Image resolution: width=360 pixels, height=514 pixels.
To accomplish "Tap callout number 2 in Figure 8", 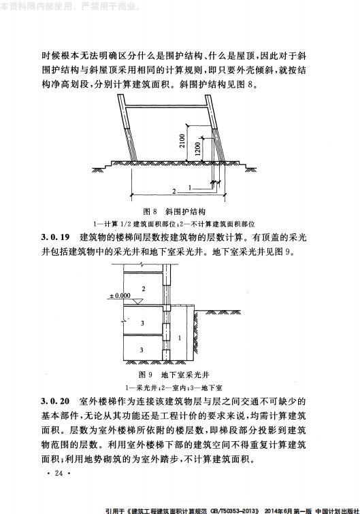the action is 174,191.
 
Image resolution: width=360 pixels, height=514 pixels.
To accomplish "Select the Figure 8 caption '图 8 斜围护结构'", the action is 179,211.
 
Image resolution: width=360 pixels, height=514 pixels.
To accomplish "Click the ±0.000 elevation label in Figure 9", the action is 120,296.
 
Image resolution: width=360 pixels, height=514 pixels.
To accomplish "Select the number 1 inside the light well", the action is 178,337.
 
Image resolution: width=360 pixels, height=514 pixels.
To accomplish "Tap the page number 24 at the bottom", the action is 58,473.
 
